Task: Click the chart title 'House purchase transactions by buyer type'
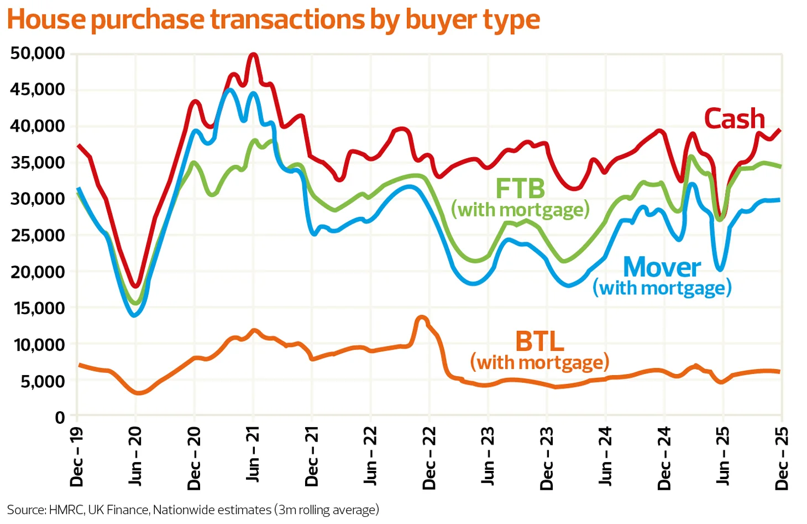pyautogui.click(x=273, y=20)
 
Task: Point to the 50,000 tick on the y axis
pyautogui.click(x=38, y=54)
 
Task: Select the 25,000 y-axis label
pyautogui.click(x=38, y=236)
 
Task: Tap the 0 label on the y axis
pyautogui.click(x=60, y=418)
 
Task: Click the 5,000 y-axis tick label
pyautogui.click(x=43, y=381)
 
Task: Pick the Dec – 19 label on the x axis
pyautogui.click(x=77, y=456)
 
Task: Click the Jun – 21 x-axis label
pyautogui.click(x=253, y=454)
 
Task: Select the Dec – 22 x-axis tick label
pyautogui.click(x=429, y=458)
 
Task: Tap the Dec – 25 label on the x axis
pyautogui.click(x=782, y=458)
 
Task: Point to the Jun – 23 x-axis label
pyautogui.click(x=488, y=455)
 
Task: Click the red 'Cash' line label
pyautogui.click(x=734, y=120)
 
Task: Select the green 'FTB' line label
pyautogui.click(x=520, y=189)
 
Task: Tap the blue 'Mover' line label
pyautogui.click(x=662, y=268)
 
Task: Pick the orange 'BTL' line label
pyautogui.click(x=539, y=341)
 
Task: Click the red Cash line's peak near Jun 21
pyautogui.click(x=253, y=54)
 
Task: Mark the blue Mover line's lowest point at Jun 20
pyautogui.click(x=135, y=315)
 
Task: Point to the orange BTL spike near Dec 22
pyautogui.click(x=422, y=318)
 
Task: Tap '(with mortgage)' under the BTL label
pyautogui.click(x=539, y=362)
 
